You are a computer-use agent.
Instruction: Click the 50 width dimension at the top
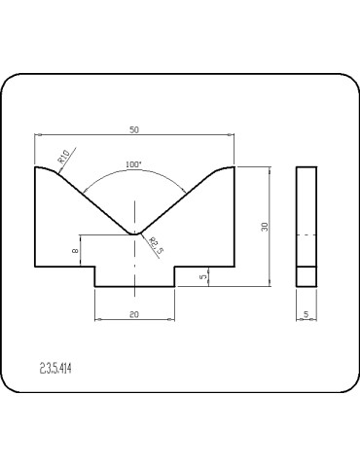pyautogui.click(x=134, y=128)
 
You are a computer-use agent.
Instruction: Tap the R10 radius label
pyautogui.click(x=63, y=154)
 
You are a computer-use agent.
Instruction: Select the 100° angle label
pyautogui.click(x=134, y=164)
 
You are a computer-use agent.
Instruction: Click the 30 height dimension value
pyautogui.click(x=264, y=226)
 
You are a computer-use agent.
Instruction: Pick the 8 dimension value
pyautogui.click(x=76, y=251)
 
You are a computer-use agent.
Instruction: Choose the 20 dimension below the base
pyautogui.click(x=134, y=313)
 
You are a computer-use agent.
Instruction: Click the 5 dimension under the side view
pyautogui.click(x=306, y=313)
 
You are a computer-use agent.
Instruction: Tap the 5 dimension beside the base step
pyautogui.click(x=202, y=277)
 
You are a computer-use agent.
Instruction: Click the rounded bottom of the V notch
pyautogui.click(x=134, y=233)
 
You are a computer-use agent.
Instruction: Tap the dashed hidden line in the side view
pyautogui.click(x=306, y=234)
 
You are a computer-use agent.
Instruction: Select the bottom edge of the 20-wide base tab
pyautogui.click(x=134, y=287)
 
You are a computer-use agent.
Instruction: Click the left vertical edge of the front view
pyautogui.click(x=35, y=219)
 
